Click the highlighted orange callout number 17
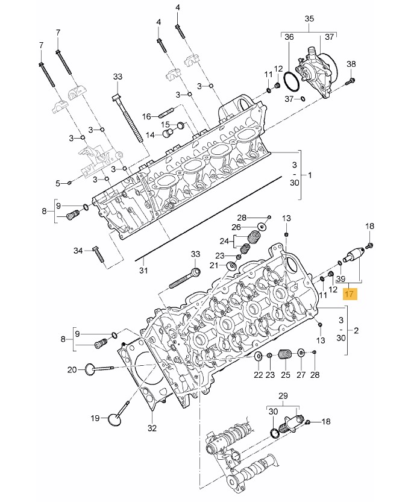pos(349,293)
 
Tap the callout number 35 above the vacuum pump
pos(309,19)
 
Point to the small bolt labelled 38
pos(350,81)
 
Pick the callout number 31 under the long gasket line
pos(143,271)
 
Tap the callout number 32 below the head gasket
pos(152,428)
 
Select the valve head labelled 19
pos(115,419)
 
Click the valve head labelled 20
pos(90,369)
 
